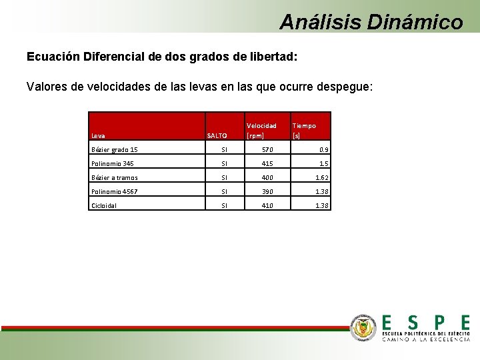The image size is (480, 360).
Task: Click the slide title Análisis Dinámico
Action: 371,22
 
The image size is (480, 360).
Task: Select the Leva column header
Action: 98,135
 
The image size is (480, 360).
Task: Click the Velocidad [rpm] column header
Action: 261,130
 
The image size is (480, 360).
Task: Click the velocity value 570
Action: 266,150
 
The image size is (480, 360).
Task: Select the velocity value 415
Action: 266,164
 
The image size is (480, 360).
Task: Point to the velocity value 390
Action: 266,192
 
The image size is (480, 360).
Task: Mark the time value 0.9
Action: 323,150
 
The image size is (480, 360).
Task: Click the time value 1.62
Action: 321,178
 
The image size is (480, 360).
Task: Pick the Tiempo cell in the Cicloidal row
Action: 321,206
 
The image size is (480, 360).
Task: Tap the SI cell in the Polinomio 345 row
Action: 225,164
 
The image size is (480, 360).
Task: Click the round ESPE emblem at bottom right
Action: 364,327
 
